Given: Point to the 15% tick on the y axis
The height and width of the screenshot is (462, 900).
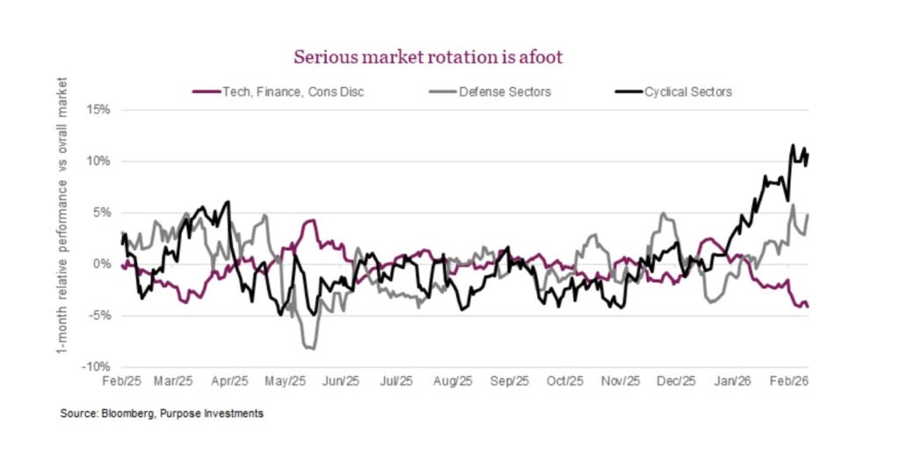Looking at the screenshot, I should [98, 110].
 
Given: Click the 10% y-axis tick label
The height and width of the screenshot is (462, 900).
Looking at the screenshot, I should [98, 162].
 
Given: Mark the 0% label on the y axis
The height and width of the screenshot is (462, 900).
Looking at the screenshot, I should [102, 264].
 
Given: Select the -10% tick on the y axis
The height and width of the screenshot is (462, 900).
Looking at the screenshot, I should [96, 366].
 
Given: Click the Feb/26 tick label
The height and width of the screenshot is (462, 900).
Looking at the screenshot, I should [788, 382].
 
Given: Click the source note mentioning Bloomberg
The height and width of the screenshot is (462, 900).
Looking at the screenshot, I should [162, 413].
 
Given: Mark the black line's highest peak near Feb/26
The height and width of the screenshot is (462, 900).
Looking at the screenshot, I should [793, 146].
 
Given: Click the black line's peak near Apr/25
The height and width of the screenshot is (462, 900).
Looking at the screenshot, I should [229, 202].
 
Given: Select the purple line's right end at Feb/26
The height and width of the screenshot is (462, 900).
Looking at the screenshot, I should [808, 306].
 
